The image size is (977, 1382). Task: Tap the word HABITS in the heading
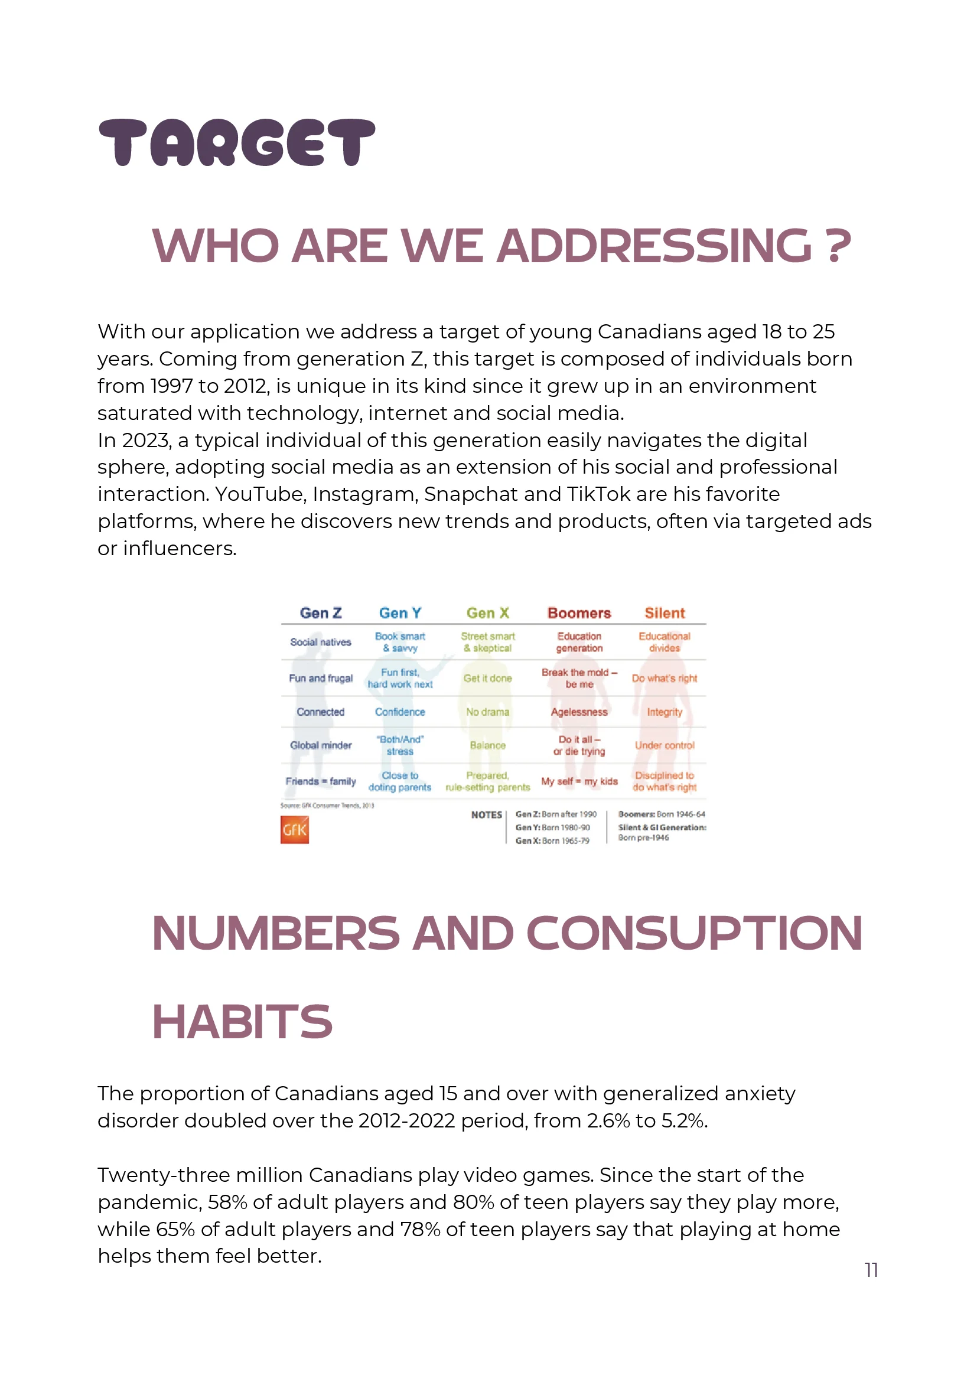[x=242, y=1022]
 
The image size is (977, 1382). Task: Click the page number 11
[x=871, y=1269]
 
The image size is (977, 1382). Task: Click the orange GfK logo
[x=294, y=829]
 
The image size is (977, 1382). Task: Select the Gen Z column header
[x=320, y=613]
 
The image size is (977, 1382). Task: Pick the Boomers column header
[x=579, y=613]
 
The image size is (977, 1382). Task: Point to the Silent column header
[x=665, y=613]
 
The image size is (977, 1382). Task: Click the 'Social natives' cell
[x=320, y=641]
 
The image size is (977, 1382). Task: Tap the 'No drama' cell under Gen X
[x=487, y=712]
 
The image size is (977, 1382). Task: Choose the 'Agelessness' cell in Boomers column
[x=579, y=712]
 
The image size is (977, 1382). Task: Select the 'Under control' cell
[x=665, y=745]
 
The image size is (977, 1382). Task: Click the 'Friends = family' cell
[x=320, y=781]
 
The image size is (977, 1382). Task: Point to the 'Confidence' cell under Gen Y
[x=400, y=712]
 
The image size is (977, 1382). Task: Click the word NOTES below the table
[x=486, y=814]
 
